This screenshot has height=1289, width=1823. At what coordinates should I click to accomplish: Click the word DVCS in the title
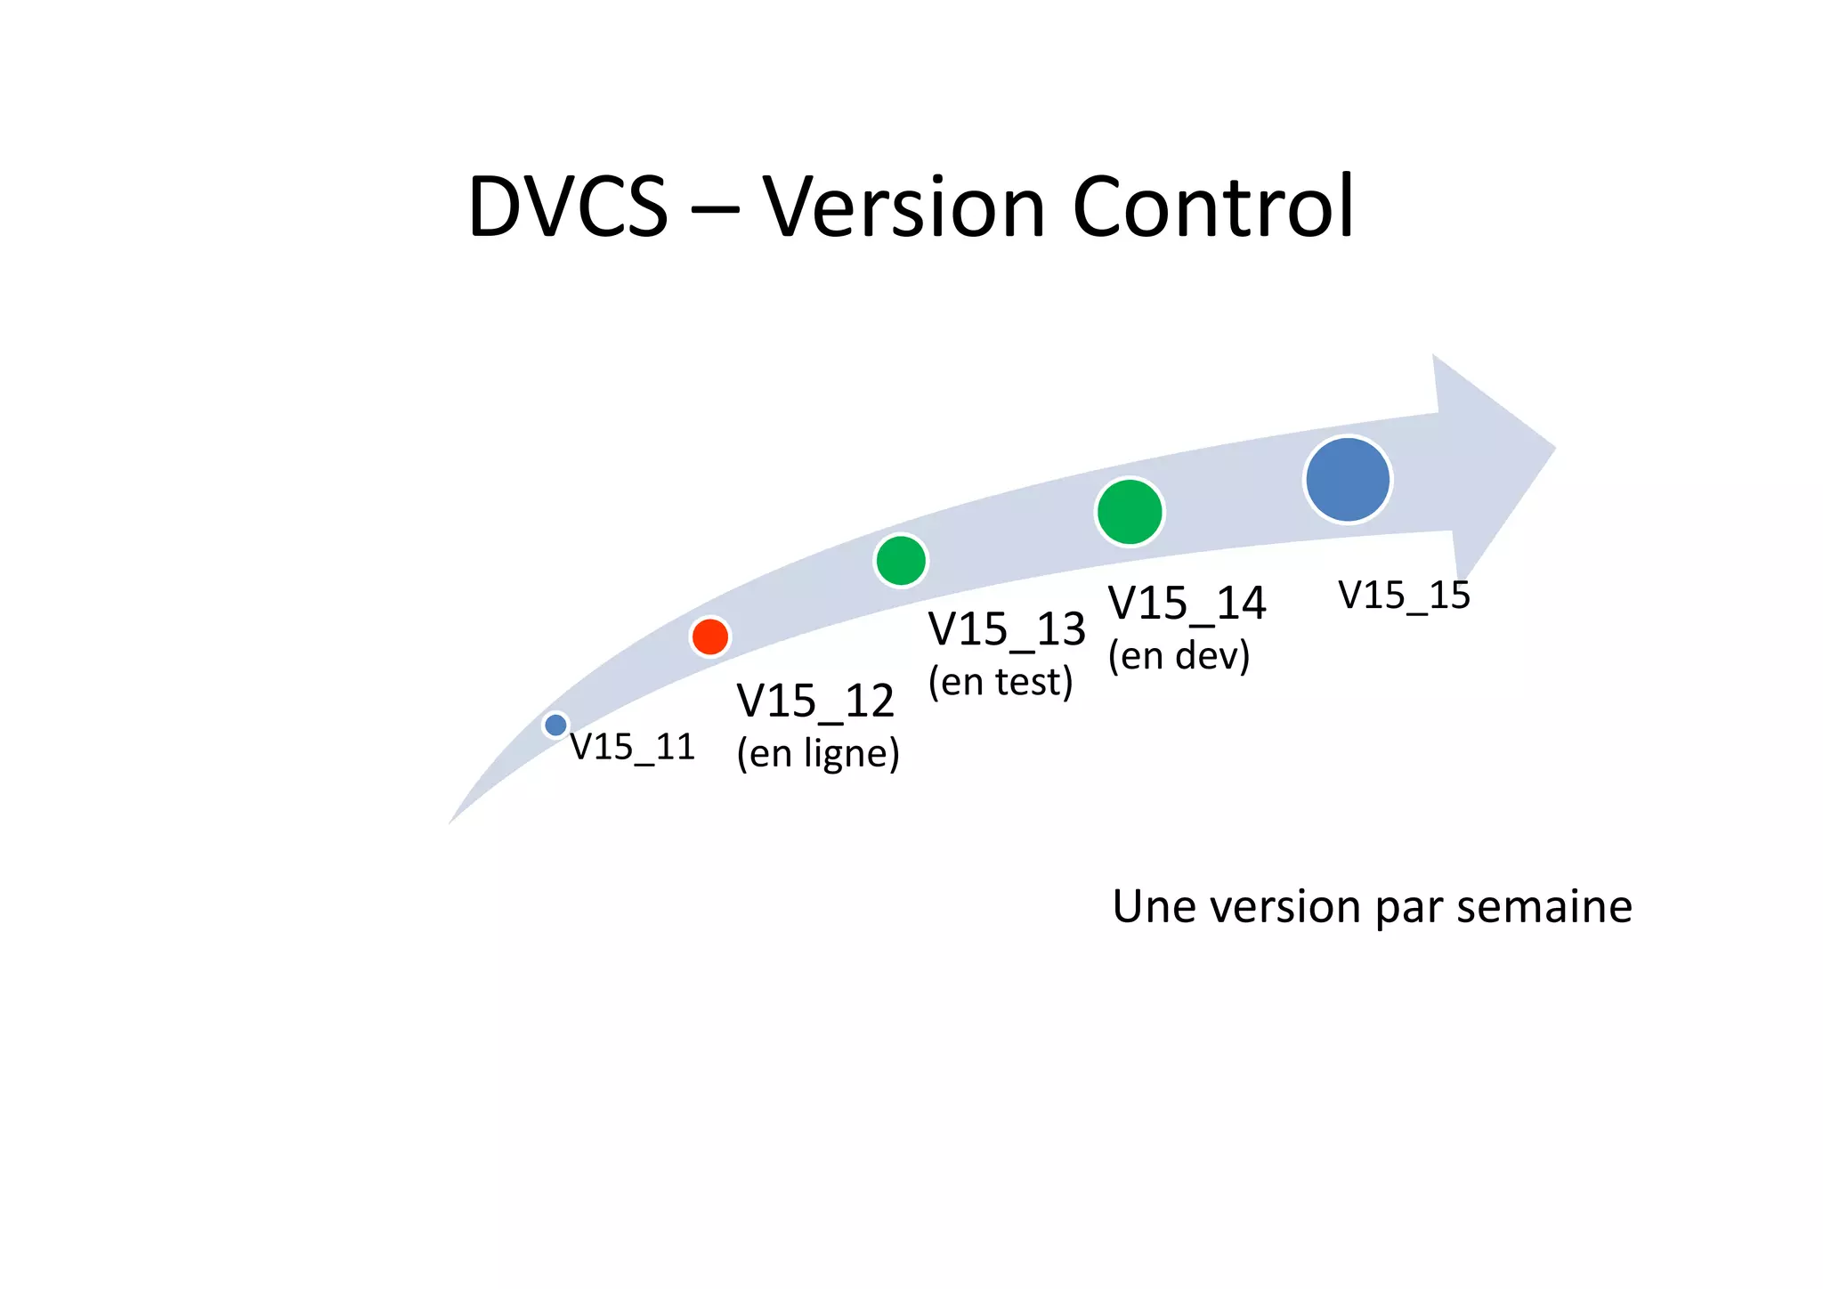pos(567,207)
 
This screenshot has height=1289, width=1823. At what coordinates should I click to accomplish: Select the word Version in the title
pos(903,207)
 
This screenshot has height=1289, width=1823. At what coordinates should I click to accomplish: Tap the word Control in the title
pos(1212,207)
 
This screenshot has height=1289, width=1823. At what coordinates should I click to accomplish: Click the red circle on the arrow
pos(709,636)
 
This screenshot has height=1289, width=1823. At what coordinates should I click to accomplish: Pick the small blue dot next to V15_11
pos(555,725)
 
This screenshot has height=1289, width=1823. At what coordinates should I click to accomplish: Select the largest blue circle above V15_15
pos(1348,479)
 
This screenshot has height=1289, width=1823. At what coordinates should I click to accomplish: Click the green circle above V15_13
pos(901,560)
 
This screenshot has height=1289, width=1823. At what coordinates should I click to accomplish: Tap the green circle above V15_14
pos(1129,511)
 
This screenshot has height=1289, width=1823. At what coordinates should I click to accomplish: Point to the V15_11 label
pos(632,747)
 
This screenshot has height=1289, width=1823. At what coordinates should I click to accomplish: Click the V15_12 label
pos(814,701)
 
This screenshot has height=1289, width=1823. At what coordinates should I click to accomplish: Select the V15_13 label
pos(1006,629)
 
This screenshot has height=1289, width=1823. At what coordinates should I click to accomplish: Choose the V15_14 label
pos(1186,604)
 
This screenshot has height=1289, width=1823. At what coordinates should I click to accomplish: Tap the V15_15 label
pos(1404,596)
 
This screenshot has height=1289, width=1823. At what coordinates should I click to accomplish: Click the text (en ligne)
pos(817,753)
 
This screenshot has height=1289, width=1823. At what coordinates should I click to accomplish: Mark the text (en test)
pos(1000,682)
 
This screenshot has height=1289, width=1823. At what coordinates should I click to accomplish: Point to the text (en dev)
pos(1179,656)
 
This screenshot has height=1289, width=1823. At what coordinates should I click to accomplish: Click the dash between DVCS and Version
pos(714,212)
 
